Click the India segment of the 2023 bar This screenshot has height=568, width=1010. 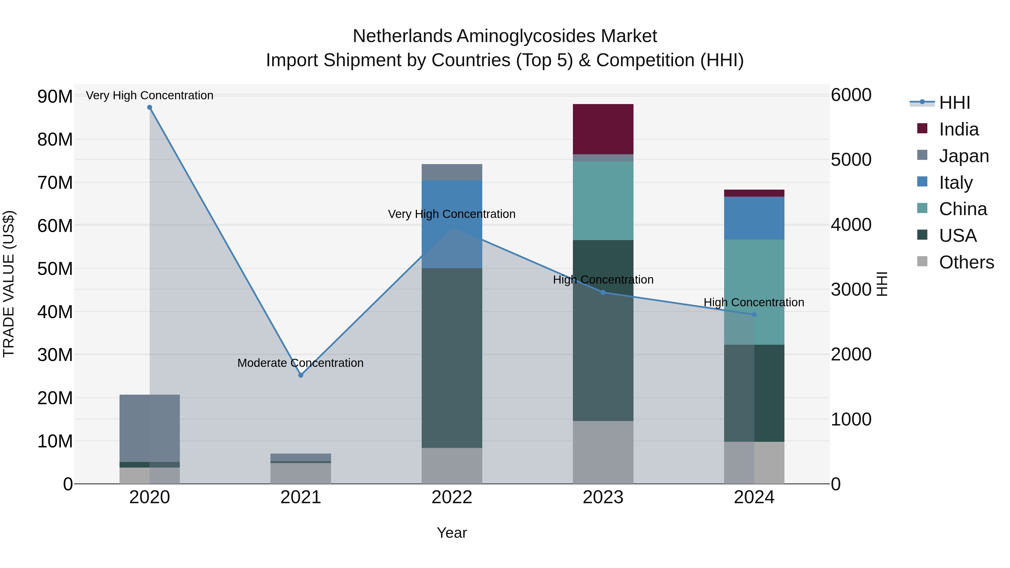[x=603, y=129]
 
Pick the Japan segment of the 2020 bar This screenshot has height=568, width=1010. [x=149, y=428]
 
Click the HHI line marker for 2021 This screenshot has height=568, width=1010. [x=301, y=375]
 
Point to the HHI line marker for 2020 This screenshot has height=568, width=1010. [x=149, y=107]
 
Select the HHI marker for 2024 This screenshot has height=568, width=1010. [x=754, y=314]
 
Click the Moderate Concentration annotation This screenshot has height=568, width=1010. [x=300, y=363]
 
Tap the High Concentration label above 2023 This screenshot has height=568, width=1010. [x=603, y=280]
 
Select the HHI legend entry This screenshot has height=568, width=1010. [x=954, y=103]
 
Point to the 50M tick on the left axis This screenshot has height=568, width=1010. [x=55, y=269]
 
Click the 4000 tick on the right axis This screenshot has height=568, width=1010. [x=851, y=225]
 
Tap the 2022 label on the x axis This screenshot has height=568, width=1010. [x=452, y=497]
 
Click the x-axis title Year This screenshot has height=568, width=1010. [x=452, y=533]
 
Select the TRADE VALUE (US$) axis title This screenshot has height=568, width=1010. [x=9, y=284]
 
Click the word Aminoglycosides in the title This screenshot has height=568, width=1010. [x=526, y=36]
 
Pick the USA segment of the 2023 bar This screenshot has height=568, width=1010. [x=603, y=330]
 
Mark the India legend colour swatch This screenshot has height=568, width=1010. [x=922, y=128]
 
